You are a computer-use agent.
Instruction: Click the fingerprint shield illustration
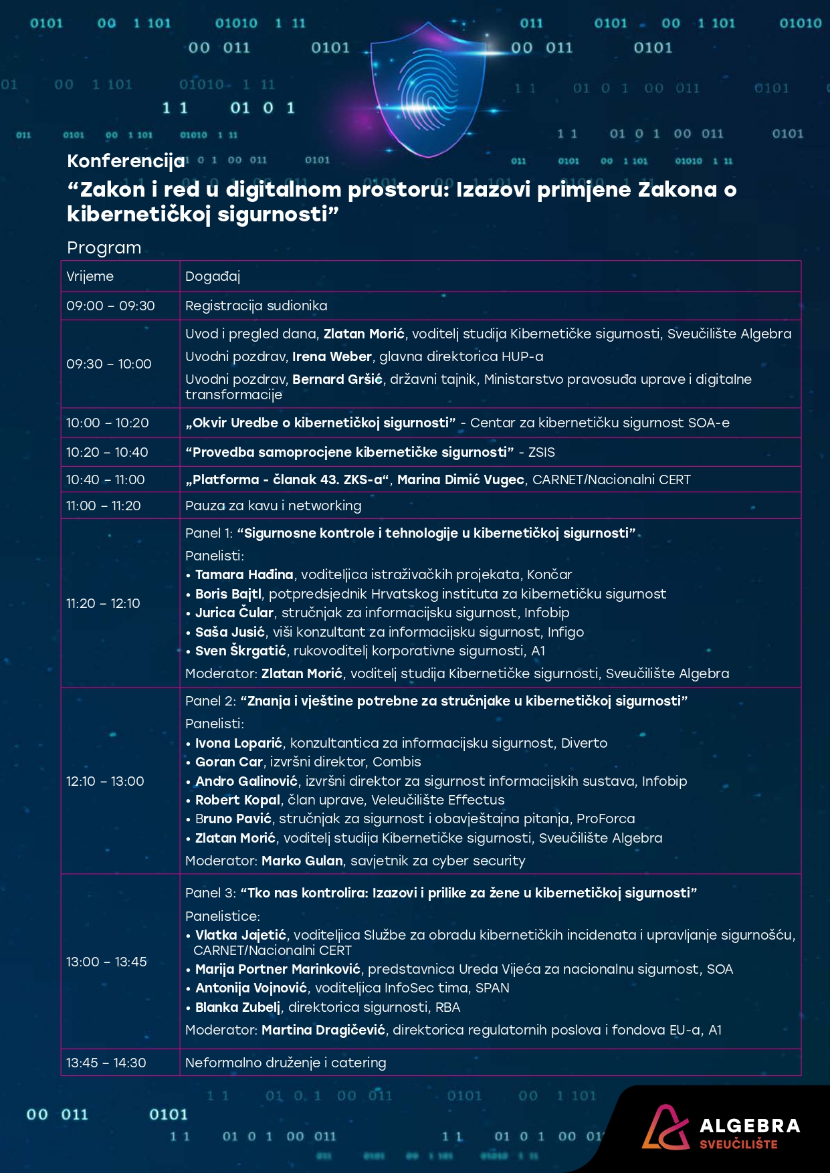pos(429,91)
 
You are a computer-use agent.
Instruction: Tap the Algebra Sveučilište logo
pos(721,1129)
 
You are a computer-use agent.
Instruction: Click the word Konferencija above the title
pos(126,161)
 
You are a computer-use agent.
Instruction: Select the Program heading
pos(104,248)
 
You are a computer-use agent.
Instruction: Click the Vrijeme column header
pos(90,276)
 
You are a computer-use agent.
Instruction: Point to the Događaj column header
pos(213,276)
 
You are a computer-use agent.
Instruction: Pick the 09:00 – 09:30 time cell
pos(110,306)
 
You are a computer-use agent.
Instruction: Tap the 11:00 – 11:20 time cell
pos(104,506)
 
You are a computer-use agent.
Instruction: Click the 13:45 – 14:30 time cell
pos(106,1063)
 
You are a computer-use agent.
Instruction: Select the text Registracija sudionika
pos(256,306)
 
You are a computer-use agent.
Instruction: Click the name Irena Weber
pos(332,356)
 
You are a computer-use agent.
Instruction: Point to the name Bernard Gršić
pos(337,379)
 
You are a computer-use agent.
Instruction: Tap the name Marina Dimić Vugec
pos(461,479)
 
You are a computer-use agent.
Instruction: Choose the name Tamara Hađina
pos(244,574)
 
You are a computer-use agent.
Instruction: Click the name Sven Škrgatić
pos(241,651)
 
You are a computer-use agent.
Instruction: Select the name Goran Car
pos(229,762)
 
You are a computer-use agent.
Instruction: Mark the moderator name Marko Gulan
pos(302,861)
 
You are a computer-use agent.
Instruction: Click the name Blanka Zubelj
pos(237,1007)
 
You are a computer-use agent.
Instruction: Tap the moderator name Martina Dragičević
pos(323,1030)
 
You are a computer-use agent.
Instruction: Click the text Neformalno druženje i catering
pos(286,1063)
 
